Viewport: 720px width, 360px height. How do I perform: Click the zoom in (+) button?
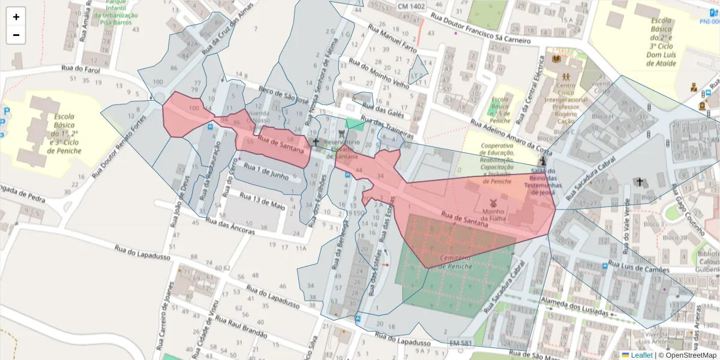pos(16,17)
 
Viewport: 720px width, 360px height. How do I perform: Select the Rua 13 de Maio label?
pos(262,200)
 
